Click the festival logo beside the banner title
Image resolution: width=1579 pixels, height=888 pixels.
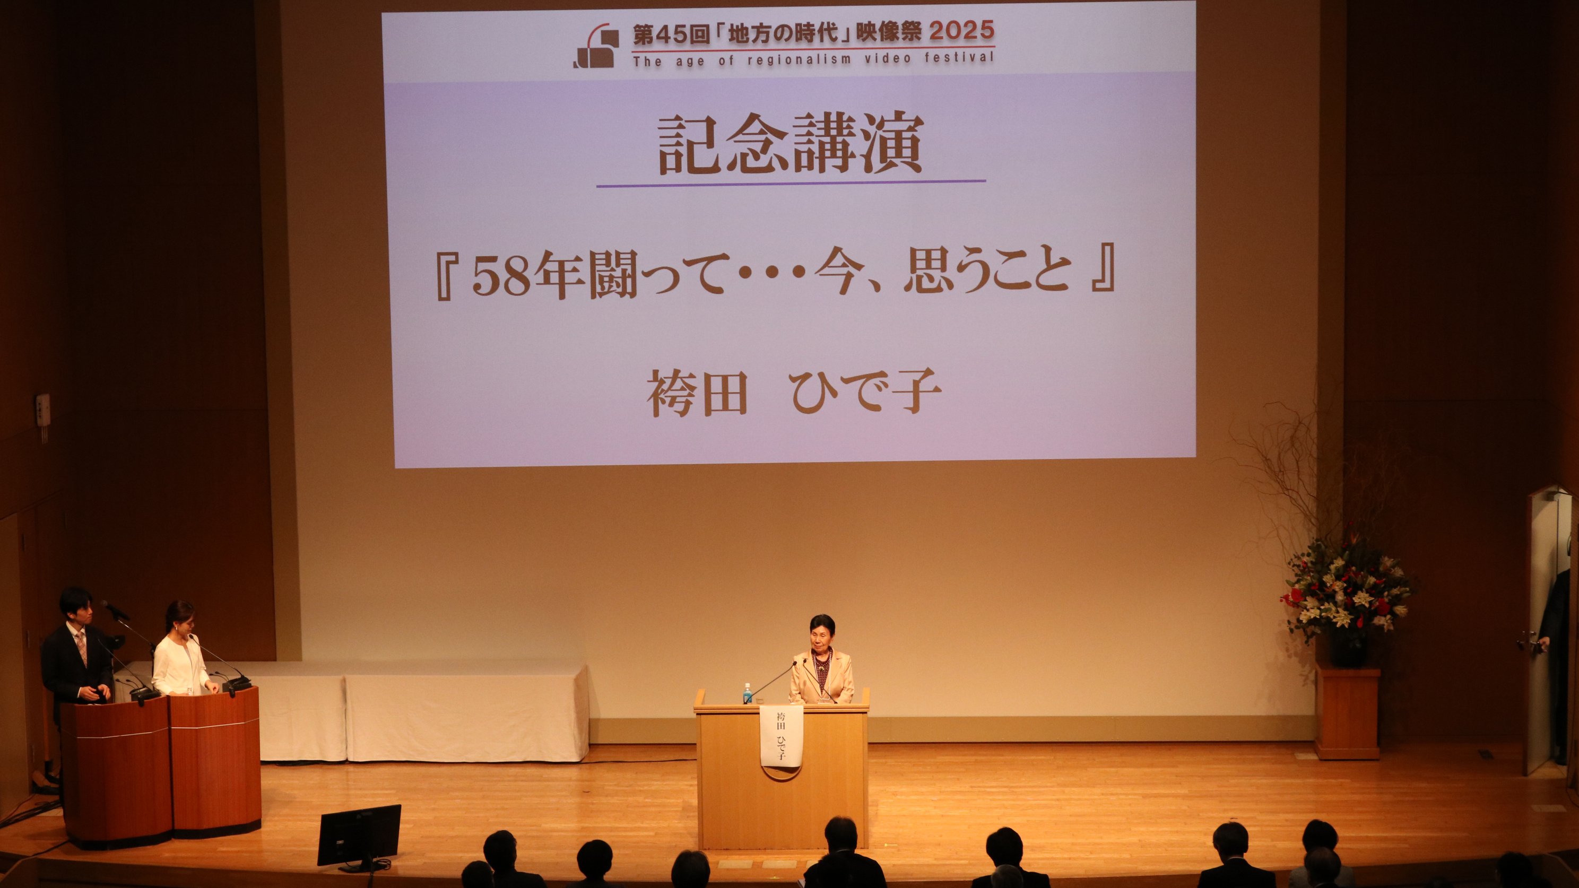pyautogui.click(x=595, y=46)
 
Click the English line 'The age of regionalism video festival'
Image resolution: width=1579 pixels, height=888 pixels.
pyautogui.click(x=813, y=59)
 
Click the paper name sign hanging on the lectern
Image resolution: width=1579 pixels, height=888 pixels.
pyautogui.click(x=781, y=734)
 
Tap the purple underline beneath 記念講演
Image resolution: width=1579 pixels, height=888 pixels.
pyautogui.click(x=791, y=183)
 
